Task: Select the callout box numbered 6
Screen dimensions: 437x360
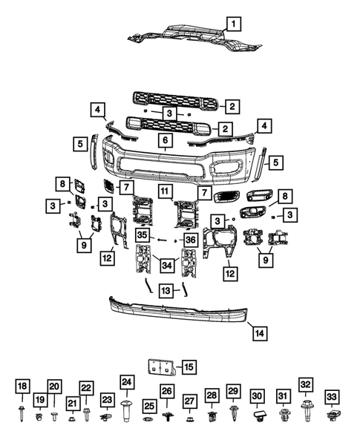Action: coord(164,139)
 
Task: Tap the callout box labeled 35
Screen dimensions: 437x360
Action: coord(143,235)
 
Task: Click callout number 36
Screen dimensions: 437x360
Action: coord(190,240)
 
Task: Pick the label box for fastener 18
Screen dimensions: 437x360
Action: coord(22,386)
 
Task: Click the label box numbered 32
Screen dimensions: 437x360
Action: coord(306,384)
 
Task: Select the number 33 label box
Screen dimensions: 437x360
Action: coord(332,396)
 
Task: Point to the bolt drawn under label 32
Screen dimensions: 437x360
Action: coord(306,406)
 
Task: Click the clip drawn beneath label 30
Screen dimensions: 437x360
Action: coord(258,419)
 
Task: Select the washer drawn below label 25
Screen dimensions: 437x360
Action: coord(149,421)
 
